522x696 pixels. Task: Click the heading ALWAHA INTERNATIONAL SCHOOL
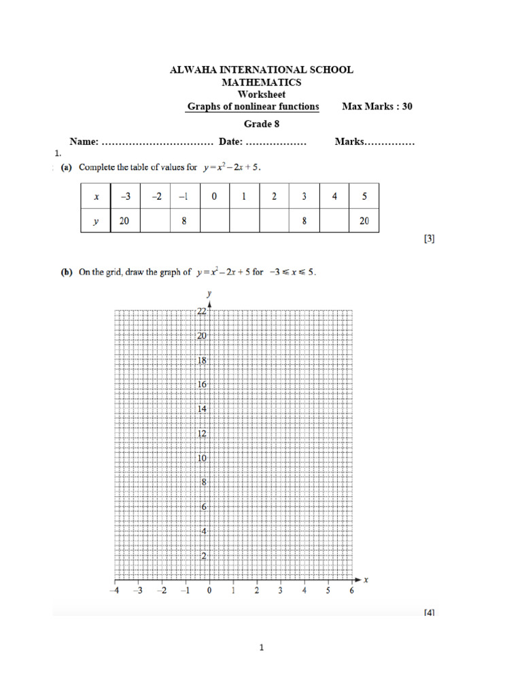pyautogui.click(x=261, y=70)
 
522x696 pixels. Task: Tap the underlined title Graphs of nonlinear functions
pyautogui.click(x=253, y=107)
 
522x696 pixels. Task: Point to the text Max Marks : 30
pyautogui.click(x=377, y=107)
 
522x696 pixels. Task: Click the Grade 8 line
pyautogui.click(x=262, y=124)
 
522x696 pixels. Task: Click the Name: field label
pyautogui.click(x=85, y=143)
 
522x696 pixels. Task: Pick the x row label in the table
pyautogui.click(x=97, y=196)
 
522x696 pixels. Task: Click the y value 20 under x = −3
pyautogui.click(x=125, y=221)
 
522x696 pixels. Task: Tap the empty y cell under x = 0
pyautogui.click(x=214, y=221)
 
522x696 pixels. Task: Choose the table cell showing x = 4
pyautogui.click(x=334, y=196)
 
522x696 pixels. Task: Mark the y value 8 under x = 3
pyautogui.click(x=304, y=221)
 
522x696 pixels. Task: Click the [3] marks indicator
pyautogui.click(x=428, y=239)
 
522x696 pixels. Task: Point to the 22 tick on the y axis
pyautogui.click(x=202, y=311)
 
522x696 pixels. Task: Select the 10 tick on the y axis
pyautogui.click(x=202, y=458)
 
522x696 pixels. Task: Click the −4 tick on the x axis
pyautogui.click(x=114, y=591)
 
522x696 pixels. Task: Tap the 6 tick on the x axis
pyautogui.click(x=351, y=591)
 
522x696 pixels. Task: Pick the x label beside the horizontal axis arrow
pyautogui.click(x=366, y=580)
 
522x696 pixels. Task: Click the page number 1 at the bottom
pyautogui.click(x=261, y=648)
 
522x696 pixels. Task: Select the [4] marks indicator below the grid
pyautogui.click(x=428, y=612)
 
